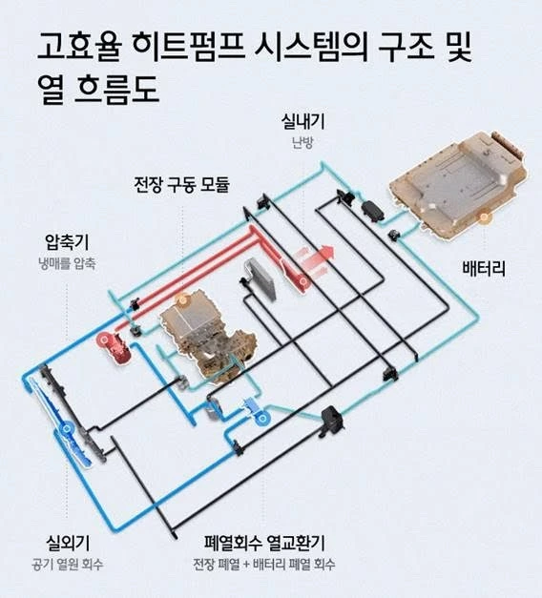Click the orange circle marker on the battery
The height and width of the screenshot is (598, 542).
(485, 218)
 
